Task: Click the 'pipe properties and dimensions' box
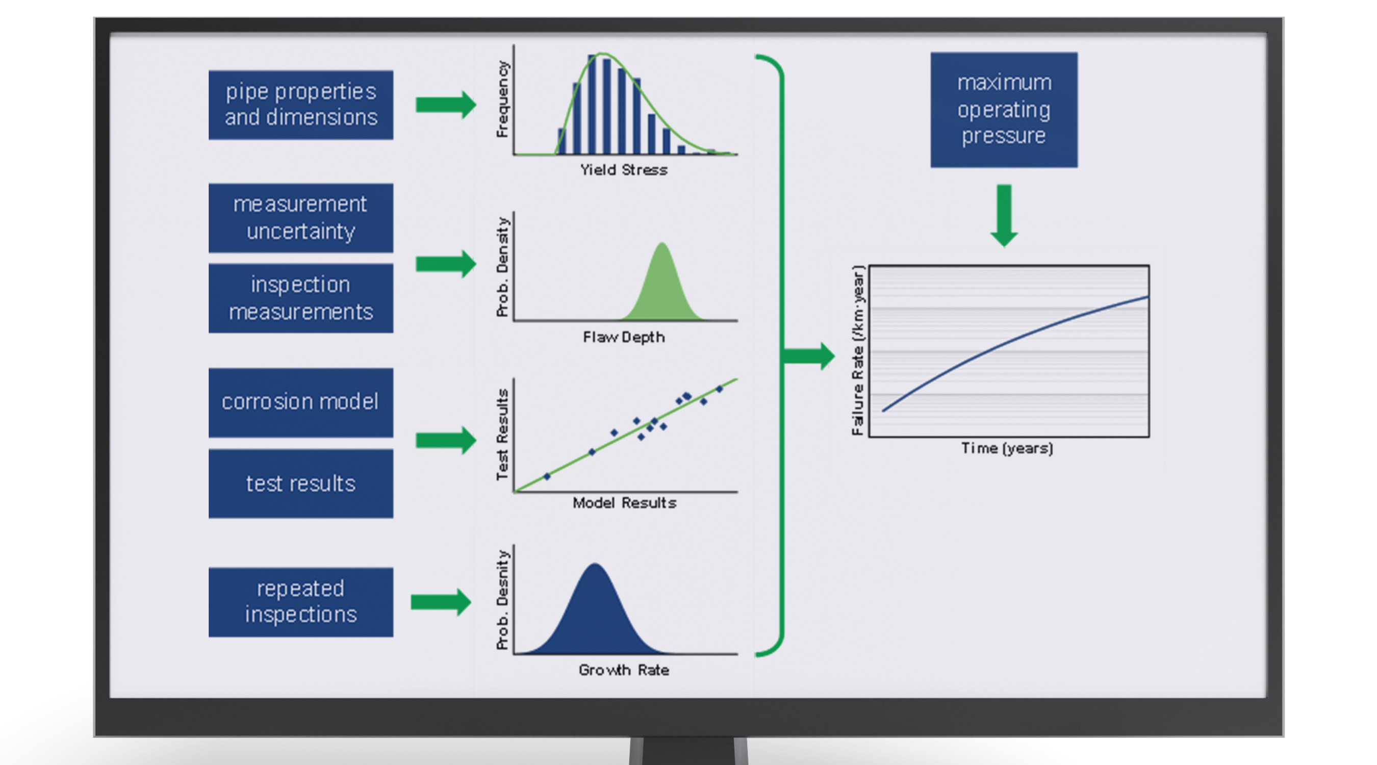(x=300, y=105)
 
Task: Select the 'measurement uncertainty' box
(x=300, y=218)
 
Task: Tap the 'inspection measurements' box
(x=300, y=298)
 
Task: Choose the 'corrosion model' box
(x=300, y=402)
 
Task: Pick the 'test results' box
(x=300, y=483)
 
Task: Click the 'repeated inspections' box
(x=300, y=602)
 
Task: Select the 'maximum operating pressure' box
(x=1003, y=110)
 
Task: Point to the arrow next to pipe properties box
(x=445, y=104)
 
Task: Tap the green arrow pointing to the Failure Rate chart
(x=808, y=356)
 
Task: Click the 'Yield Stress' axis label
(x=624, y=170)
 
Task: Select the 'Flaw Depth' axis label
(x=624, y=337)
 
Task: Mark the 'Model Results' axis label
(x=624, y=503)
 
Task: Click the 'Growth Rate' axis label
(x=624, y=670)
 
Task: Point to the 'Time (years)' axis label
(x=1007, y=448)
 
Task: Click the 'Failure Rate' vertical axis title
(x=857, y=351)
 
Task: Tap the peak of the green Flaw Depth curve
(x=662, y=245)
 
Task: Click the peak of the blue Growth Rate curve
(x=595, y=566)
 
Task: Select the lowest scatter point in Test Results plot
(x=547, y=476)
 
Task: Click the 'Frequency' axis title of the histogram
(x=502, y=99)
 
